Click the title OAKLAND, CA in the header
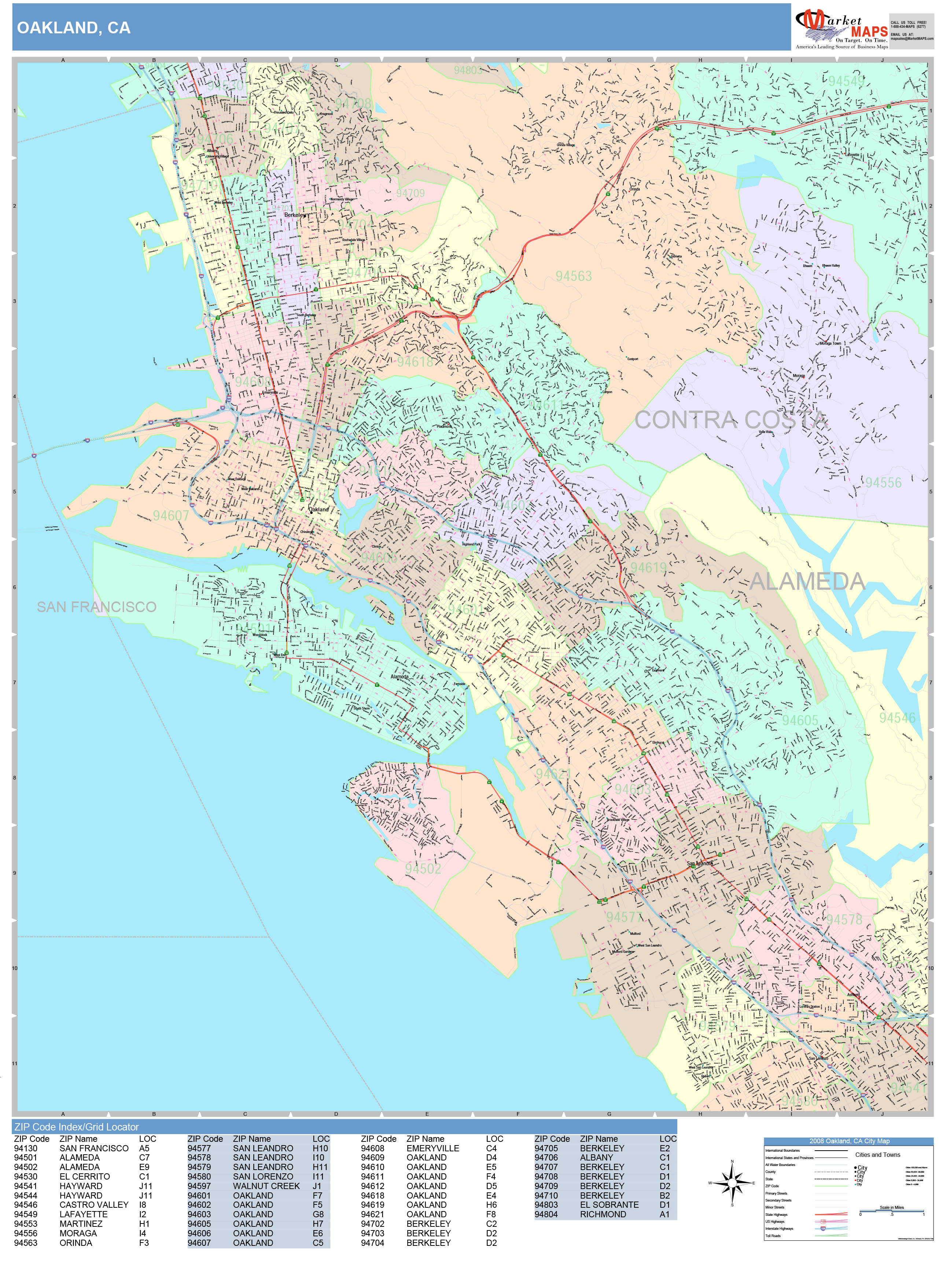click(73, 28)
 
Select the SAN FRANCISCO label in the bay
click(96, 607)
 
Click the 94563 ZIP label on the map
click(573, 277)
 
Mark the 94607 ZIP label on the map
click(171, 516)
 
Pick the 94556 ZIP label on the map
click(883, 482)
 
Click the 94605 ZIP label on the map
click(800, 721)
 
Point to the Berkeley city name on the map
click(295, 215)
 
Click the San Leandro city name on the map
click(700, 863)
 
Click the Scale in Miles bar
click(892, 1212)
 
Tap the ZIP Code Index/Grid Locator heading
click(76, 1127)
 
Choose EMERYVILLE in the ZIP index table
click(432, 1148)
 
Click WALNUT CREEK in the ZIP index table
click(266, 1186)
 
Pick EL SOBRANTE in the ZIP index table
click(609, 1205)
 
